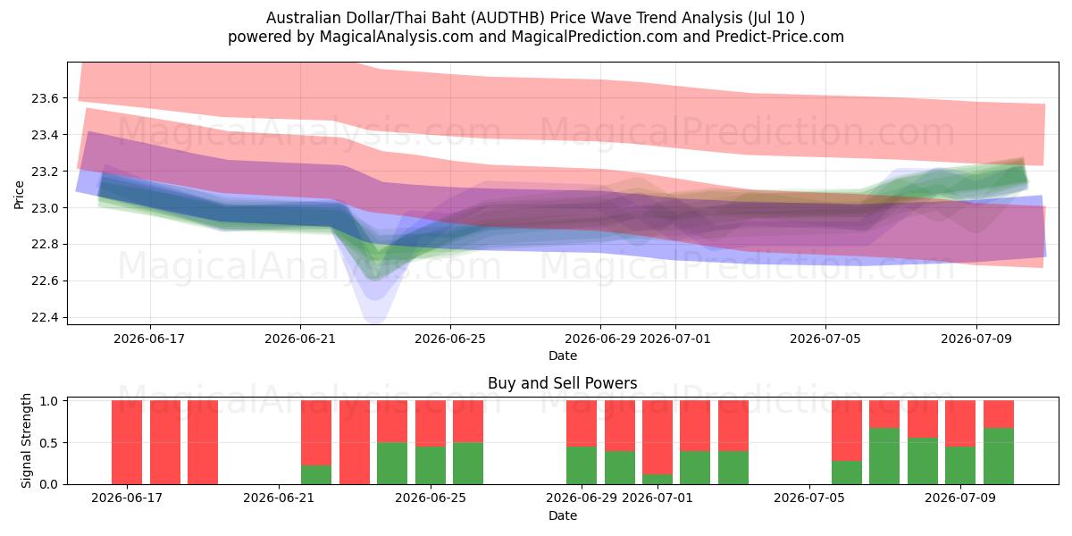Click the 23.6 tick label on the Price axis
45,98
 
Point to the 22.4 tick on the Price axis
45,318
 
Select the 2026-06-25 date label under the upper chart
450,339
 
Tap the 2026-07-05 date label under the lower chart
809,498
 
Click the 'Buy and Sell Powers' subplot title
562,383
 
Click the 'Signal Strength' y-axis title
26,440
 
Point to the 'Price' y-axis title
19,195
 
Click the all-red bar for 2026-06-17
127,442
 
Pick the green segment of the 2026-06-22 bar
316,474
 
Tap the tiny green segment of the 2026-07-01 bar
657,479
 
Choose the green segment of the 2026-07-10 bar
999,456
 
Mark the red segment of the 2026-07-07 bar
884,415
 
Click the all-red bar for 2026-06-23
355,442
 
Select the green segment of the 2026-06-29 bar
582,465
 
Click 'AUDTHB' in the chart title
507,18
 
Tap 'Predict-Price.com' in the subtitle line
780,37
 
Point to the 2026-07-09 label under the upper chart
976,339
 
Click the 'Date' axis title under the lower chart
562,515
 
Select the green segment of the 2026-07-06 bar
847,473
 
